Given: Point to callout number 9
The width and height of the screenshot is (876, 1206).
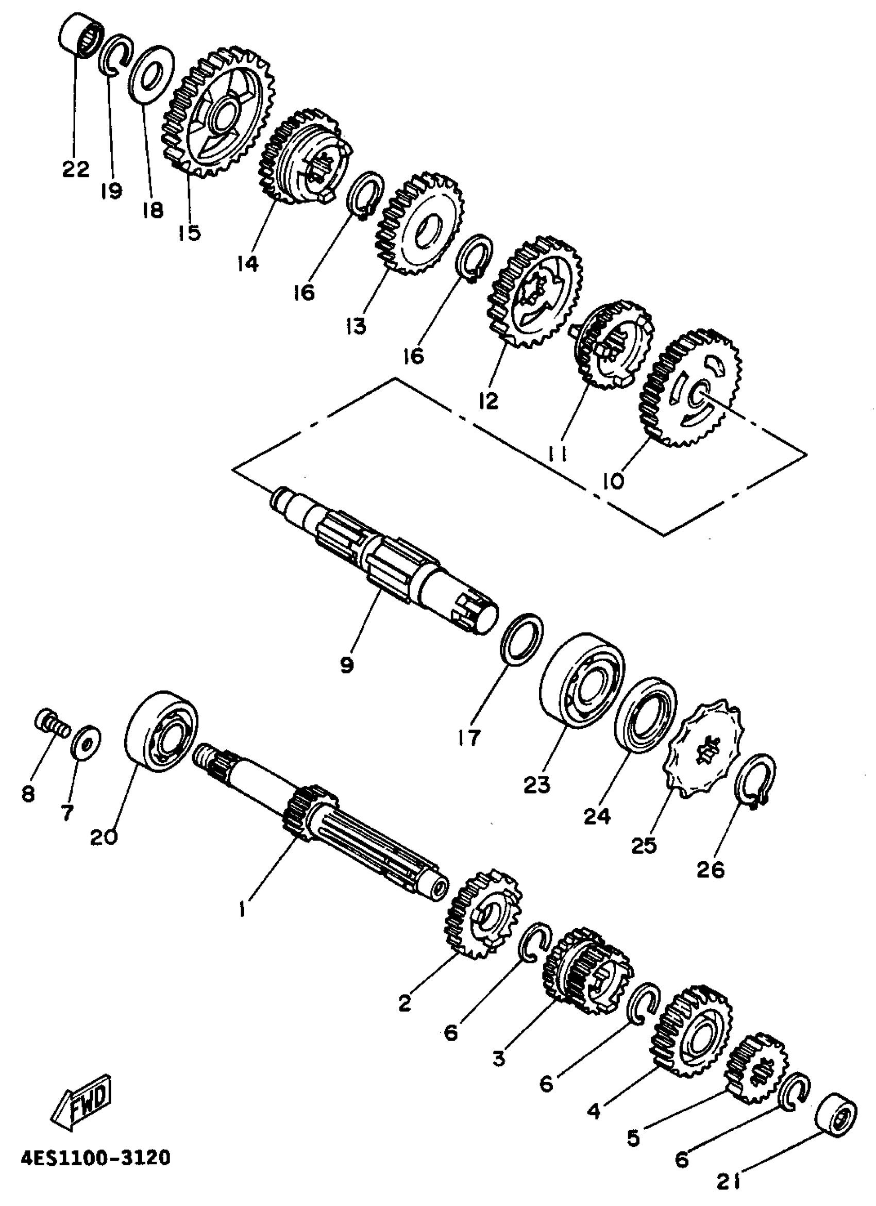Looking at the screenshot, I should tap(347, 664).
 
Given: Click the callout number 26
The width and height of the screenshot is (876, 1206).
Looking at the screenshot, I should tap(711, 870).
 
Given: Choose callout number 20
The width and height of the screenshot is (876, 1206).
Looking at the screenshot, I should tap(104, 837).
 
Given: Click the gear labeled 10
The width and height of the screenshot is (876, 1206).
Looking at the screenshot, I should tap(691, 388).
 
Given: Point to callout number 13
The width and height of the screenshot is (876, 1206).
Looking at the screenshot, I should tap(355, 325).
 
